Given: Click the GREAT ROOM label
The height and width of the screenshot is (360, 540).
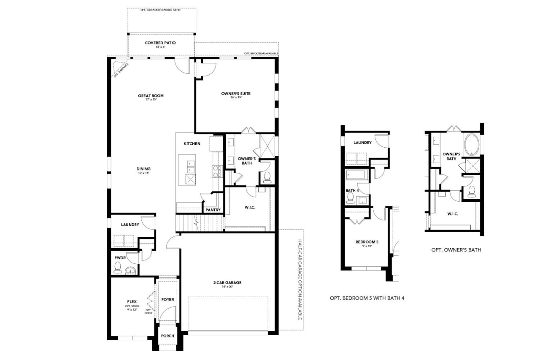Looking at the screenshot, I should click(151, 96).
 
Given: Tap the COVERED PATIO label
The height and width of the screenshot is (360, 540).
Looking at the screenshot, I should click(160, 43).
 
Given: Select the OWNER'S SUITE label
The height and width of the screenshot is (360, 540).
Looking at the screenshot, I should click(236, 94).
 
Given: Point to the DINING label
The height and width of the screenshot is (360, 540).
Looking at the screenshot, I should click(143, 169).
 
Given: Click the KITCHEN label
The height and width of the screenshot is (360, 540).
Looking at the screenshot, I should click(192, 144).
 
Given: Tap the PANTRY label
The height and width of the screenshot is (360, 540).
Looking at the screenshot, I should click(213, 210).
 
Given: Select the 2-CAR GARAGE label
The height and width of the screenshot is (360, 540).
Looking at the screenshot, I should click(227, 283).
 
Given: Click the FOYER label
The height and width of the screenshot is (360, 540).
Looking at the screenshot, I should click(167, 300).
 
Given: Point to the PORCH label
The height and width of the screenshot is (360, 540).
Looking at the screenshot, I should click(167, 336).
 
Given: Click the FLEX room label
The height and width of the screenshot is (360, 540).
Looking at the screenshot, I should click(132, 302).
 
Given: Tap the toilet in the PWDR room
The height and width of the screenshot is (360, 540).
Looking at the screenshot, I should click(118, 268).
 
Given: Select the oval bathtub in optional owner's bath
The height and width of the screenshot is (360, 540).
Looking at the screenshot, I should click(471, 145).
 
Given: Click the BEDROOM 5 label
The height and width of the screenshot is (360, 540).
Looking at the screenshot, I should click(367, 242).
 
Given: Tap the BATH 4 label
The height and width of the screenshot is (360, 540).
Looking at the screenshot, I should click(352, 190).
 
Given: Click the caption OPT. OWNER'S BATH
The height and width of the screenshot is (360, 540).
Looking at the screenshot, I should click(456, 250).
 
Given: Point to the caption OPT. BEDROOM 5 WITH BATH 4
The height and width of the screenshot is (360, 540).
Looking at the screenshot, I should click(367, 298).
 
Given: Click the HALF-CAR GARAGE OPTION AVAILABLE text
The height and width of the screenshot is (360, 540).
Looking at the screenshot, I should click(300, 279).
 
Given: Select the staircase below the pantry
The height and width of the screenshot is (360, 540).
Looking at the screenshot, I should click(199, 222).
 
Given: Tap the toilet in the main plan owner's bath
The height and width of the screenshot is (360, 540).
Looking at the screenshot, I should click(267, 178).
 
